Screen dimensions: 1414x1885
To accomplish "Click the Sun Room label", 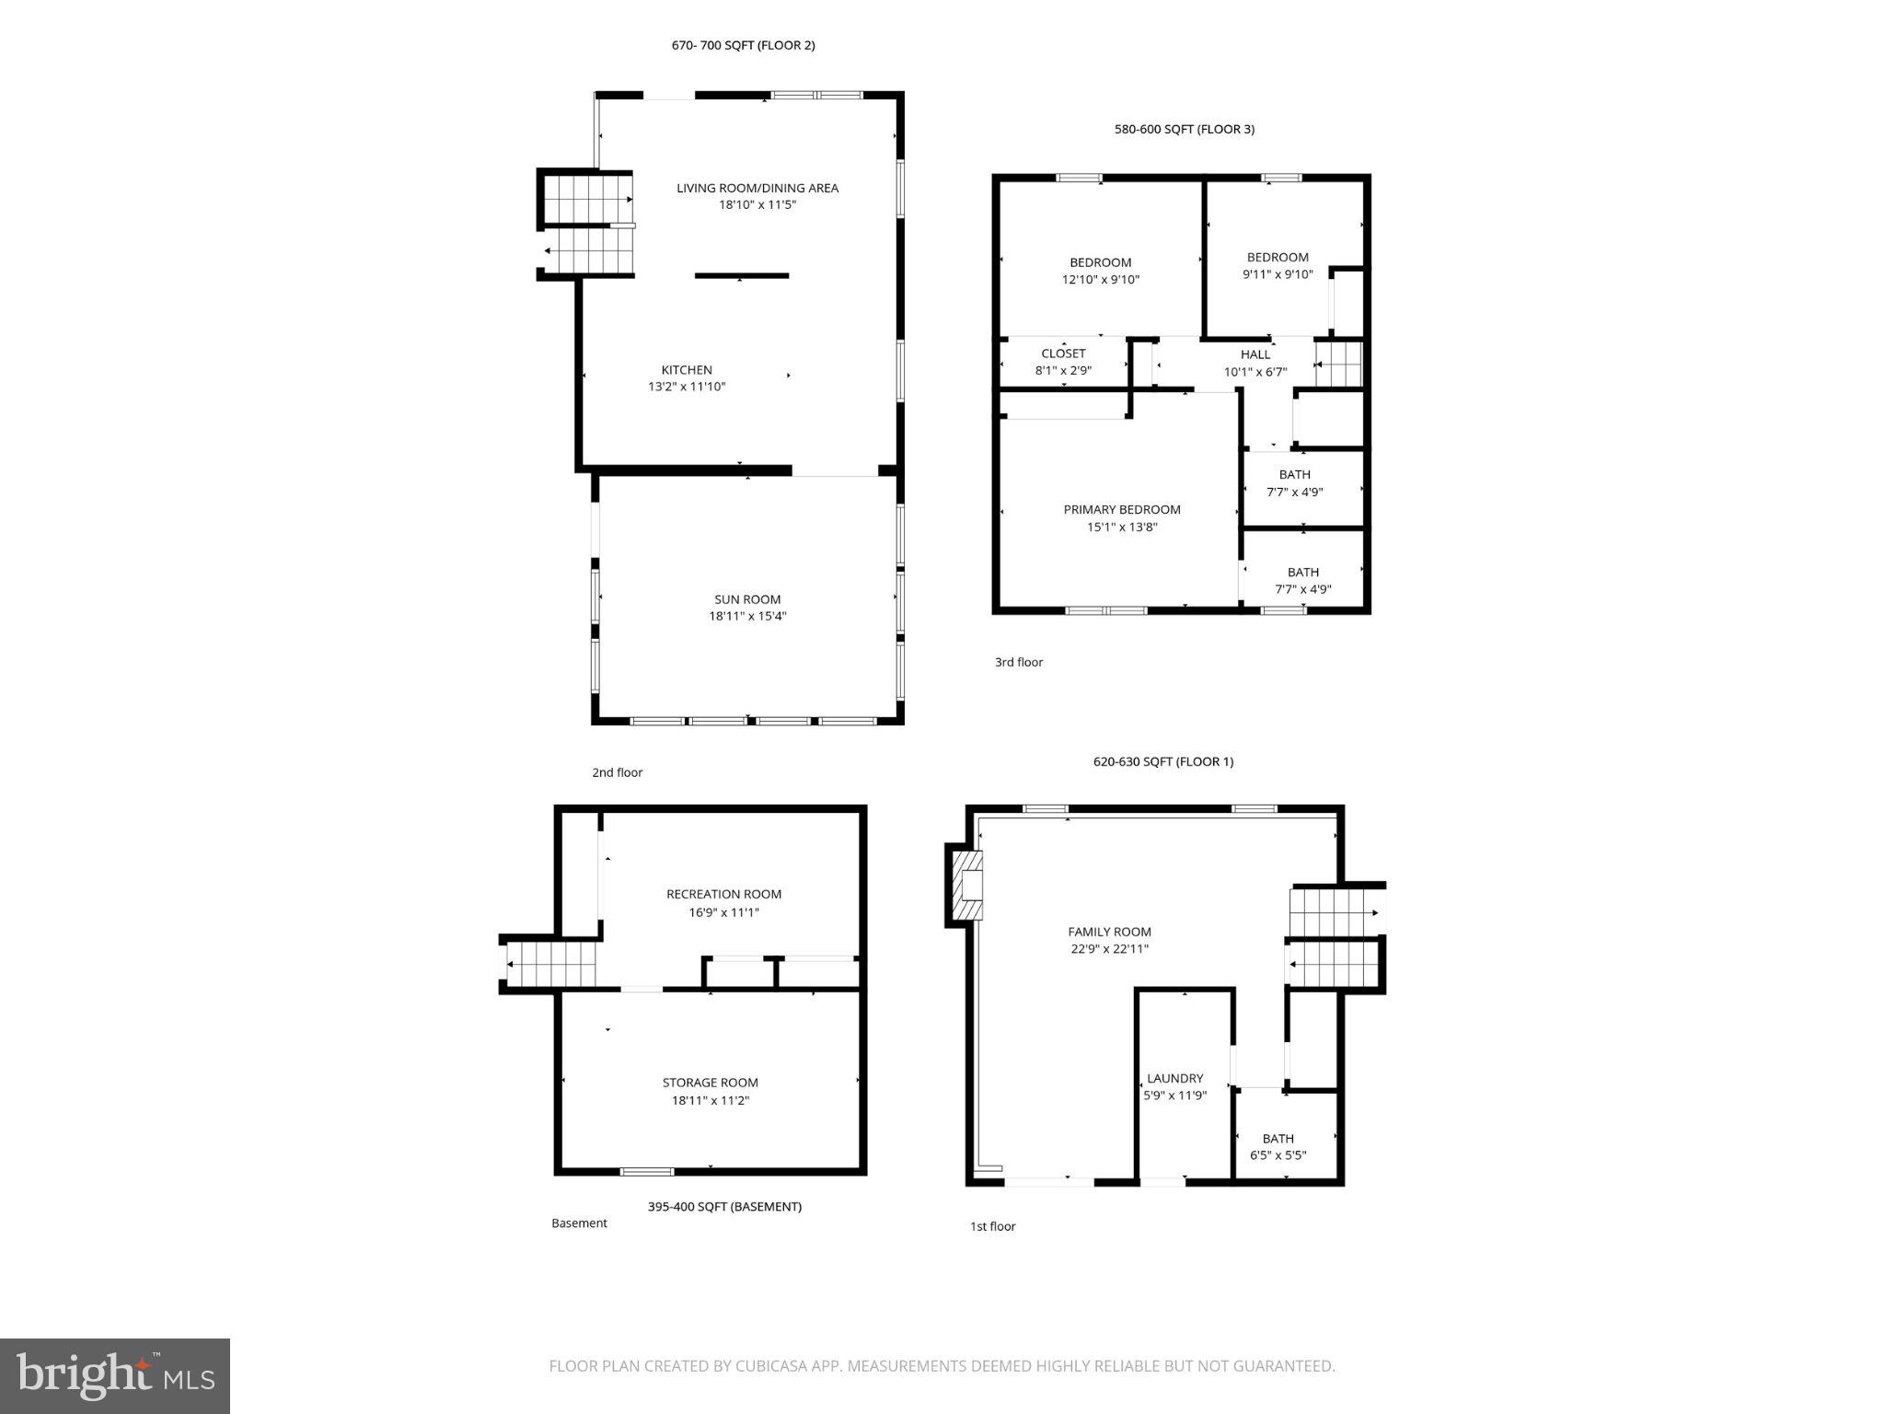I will [x=747, y=599].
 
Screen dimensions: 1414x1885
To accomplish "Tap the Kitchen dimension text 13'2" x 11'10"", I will [x=687, y=387].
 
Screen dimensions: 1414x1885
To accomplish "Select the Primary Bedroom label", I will [x=1121, y=510].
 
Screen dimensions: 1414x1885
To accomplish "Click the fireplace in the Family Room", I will [x=967, y=886].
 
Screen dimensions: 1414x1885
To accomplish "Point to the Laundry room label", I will [x=1174, y=1078].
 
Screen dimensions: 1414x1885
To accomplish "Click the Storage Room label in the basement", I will [x=710, y=1083].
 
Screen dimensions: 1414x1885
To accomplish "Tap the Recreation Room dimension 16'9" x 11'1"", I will [x=723, y=912].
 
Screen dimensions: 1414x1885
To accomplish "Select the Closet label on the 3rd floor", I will [x=1063, y=353].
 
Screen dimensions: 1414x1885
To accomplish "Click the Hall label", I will [x=1255, y=354].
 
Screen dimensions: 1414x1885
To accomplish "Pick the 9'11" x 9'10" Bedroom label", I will [x=1278, y=258].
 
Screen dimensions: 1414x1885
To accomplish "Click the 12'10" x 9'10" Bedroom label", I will [x=1100, y=263].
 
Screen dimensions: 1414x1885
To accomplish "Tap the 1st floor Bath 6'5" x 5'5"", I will [x=1278, y=1147].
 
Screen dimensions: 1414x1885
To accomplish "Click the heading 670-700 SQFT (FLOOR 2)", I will [x=743, y=45].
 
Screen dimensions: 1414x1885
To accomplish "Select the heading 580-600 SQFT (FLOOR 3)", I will [x=1184, y=130].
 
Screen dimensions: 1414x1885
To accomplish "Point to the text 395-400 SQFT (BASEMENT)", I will [x=724, y=1206].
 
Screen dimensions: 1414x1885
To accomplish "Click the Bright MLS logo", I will [x=115, y=1375].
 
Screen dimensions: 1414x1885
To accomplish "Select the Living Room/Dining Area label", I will [x=757, y=188].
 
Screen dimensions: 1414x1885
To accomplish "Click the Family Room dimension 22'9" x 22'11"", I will [x=1109, y=949].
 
